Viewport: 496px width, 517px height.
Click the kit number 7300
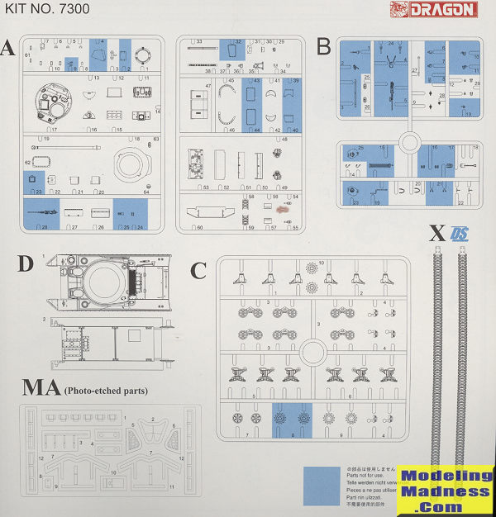(x=54, y=10)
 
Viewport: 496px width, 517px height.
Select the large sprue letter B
(x=323, y=46)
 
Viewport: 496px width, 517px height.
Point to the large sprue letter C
(x=198, y=271)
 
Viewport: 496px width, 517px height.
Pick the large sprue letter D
(x=26, y=264)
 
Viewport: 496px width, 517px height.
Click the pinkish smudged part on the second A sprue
(x=286, y=210)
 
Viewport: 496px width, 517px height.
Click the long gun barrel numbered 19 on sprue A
(x=71, y=147)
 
